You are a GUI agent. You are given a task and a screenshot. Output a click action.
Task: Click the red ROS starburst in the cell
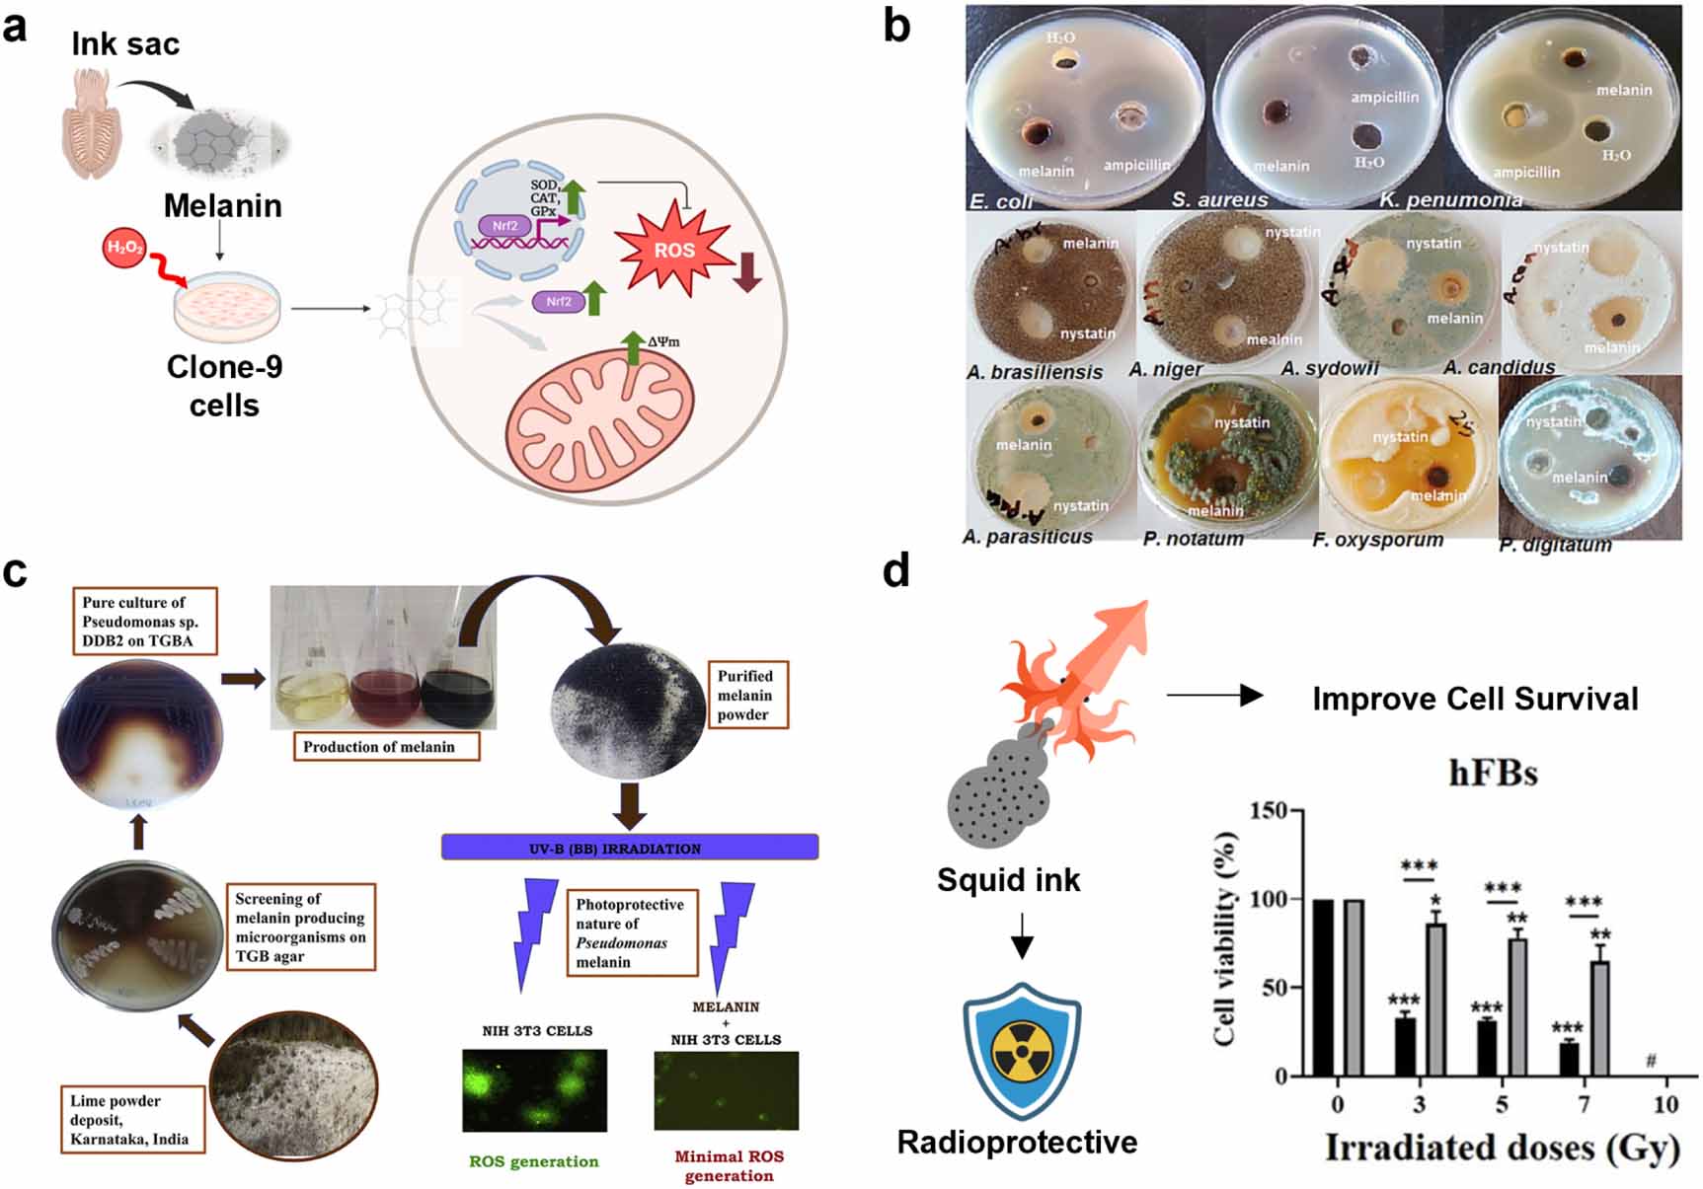pos(674,250)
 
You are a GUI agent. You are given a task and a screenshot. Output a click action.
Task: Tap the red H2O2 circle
pos(124,248)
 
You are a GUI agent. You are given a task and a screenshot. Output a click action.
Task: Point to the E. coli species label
pos(1001,201)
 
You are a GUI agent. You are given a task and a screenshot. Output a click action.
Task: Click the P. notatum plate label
pos(1193,539)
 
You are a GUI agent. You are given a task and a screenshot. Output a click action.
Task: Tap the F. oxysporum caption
pos(1377,540)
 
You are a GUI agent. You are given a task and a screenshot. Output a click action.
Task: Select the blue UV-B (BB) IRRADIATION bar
pos(630,848)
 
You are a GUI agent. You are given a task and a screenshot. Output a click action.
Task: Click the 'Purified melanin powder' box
pos(745,695)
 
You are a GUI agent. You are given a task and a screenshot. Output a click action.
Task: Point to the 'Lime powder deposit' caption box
pos(131,1120)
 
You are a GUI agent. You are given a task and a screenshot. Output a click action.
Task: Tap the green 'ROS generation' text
pos(534,1161)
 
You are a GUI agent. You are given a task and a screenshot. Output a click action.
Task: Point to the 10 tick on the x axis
pos(1665,1104)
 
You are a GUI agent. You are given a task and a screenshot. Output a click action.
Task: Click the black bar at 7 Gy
pos(1569,1059)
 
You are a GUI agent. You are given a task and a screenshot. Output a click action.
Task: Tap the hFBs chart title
pos(1493,772)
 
